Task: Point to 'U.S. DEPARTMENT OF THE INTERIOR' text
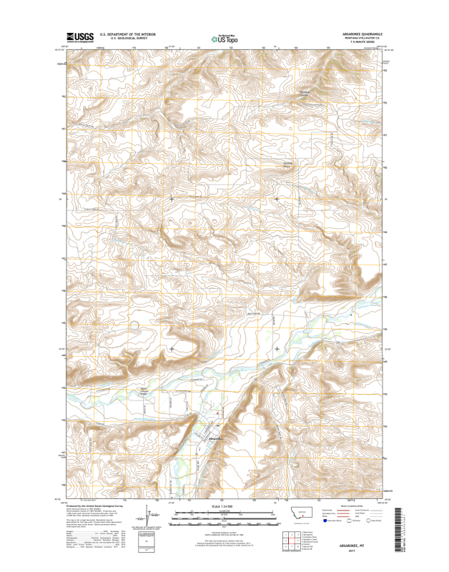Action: (127, 34)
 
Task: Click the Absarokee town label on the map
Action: (215, 438)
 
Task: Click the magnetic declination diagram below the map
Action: (147, 517)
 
